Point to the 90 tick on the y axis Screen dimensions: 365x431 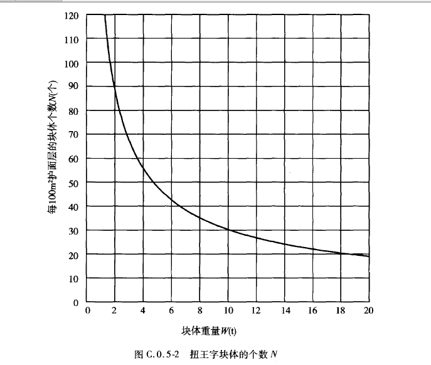point(72,87)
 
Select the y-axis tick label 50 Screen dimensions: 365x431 point(72,182)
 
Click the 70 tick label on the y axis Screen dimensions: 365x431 point(72,135)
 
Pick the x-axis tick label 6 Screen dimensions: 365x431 point(171,311)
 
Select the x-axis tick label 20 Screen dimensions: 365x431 point(368,311)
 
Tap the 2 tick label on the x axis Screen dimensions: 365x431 point(115,311)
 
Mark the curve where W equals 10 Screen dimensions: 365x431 point(228,230)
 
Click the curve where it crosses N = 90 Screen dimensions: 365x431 point(114,87)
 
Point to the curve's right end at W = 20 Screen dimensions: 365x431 point(368,256)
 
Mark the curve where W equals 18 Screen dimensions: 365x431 point(340,253)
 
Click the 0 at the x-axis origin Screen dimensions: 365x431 point(87,311)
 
